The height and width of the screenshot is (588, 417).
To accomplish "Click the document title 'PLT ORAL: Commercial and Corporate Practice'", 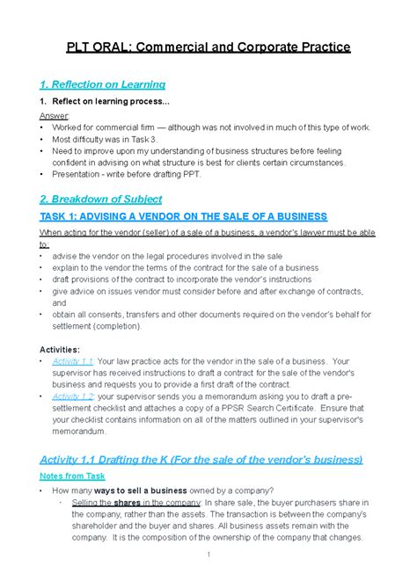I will (x=208, y=46).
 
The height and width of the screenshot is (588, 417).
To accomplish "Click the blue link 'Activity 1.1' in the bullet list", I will (x=73, y=361).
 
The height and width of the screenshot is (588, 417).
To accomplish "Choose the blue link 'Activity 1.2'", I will (x=73, y=396).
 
